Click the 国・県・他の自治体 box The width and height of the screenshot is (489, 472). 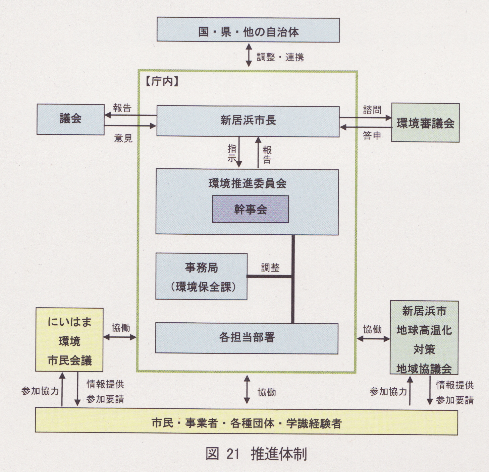248,30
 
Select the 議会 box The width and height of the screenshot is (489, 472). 70,119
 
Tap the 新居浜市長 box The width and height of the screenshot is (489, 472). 248,121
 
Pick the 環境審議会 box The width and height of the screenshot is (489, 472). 425,123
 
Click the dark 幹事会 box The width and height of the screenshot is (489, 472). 251,210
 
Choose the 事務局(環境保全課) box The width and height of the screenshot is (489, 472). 202,277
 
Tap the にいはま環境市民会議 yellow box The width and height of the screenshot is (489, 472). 69,340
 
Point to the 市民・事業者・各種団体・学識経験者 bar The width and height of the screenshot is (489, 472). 247,423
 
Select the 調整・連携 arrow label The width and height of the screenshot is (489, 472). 280,57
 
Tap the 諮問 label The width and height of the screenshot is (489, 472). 372,110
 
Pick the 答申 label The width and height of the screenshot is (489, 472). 372,136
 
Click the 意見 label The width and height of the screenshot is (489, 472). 123,138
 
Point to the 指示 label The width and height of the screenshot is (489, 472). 232,153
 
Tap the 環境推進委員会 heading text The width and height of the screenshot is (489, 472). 247,183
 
